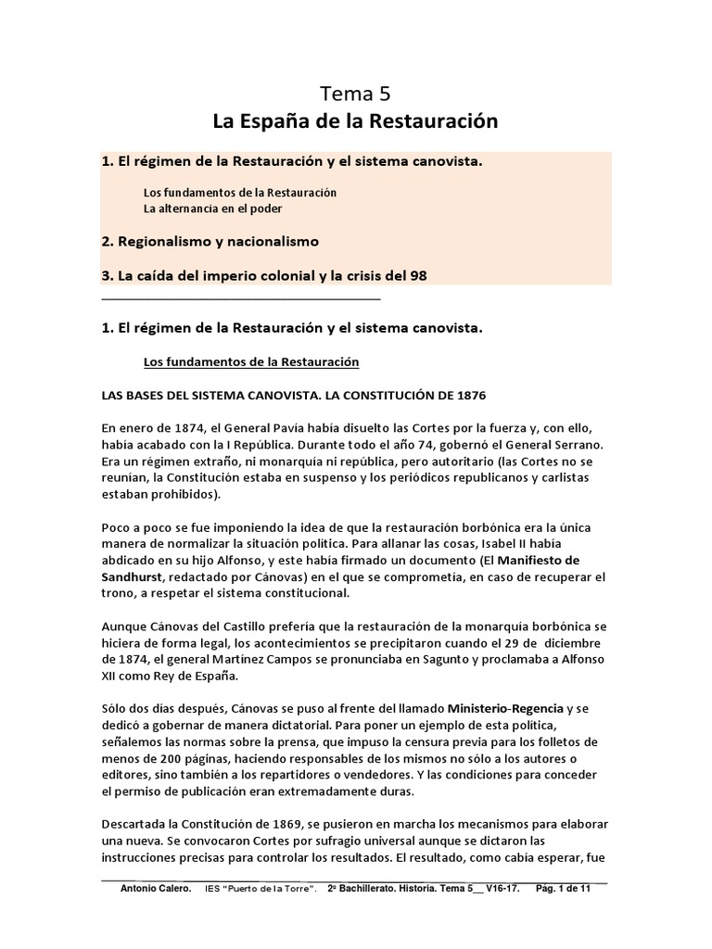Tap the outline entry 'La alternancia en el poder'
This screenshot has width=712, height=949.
pos(212,208)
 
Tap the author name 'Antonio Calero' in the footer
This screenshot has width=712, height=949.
pos(156,889)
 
